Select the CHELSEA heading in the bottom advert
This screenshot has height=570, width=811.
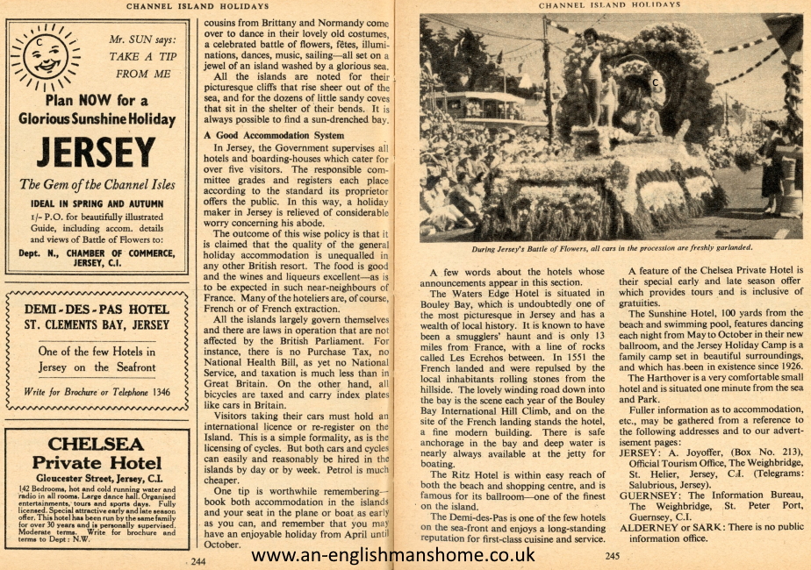pyautogui.click(x=97, y=444)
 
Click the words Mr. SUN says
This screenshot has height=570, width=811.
pyautogui.click(x=143, y=39)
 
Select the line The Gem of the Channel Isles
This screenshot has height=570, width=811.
pyautogui.click(x=97, y=184)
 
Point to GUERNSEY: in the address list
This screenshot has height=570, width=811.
pyautogui.click(x=651, y=492)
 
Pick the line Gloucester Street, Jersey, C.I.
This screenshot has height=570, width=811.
pyautogui.click(x=97, y=480)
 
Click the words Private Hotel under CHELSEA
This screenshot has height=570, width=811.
pyautogui.click(x=97, y=462)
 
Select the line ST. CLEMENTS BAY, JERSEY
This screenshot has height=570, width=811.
pyautogui.click(x=97, y=324)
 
